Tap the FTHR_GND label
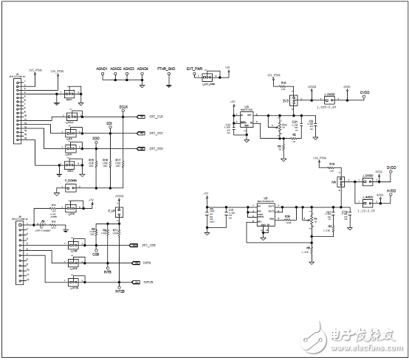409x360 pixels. click(x=169, y=68)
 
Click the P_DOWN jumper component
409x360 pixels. click(x=72, y=187)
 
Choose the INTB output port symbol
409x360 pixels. click(x=135, y=263)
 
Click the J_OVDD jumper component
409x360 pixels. click(x=331, y=96)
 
